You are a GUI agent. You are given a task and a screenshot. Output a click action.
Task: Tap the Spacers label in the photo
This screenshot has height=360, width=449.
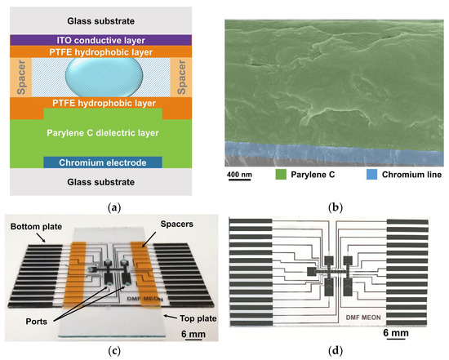pos(166,221)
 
